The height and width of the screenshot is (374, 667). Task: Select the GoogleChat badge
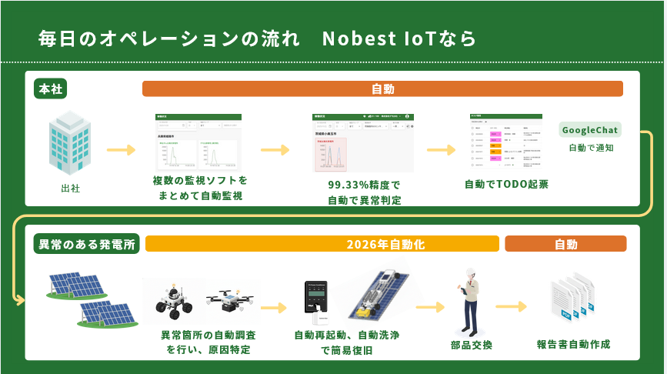pyautogui.click(x=590, y=129)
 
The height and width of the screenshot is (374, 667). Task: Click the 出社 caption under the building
pyautogui.click(x=71, y=187)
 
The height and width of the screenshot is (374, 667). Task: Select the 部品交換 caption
pyautogui.click(x=472, y=344)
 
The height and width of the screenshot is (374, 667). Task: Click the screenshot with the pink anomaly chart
pyautogui.click(x=362, y=144)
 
